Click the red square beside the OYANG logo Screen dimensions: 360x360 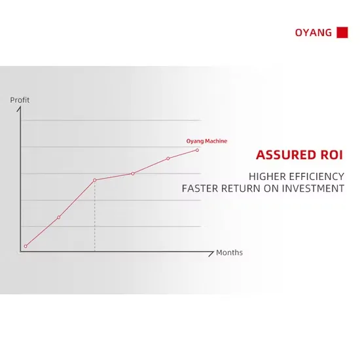click(x=342, y=32)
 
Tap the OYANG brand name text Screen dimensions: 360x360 click(x=314, y=33)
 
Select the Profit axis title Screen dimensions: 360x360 click(x=20, y=100)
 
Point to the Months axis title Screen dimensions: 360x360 click(x=229, y=253)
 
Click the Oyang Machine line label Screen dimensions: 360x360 click(x=207, y=141)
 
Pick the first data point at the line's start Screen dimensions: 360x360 click(x=26, y=246)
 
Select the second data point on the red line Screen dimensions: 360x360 click(x=58, y=217)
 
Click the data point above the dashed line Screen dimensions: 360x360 click(x=95, y=180)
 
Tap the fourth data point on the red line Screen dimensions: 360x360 click(x=133, y=173)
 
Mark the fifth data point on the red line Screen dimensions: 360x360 click(x=168, y=158)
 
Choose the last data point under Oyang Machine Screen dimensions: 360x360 click(x=197, y=150)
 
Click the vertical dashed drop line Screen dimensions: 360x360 click(x=95, y=216)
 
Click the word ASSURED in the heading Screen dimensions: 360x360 click(x=286, y=154)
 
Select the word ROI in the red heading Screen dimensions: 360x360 click(x=332, y=154)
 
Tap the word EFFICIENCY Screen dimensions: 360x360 click(x=316, y=177)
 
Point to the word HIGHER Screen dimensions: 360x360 click(x=267, y=177)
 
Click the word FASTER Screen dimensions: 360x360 click(x=200, y=189)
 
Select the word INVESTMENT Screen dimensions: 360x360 click(x=313, y=189)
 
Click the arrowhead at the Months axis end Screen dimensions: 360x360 click(x=212, y=253)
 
